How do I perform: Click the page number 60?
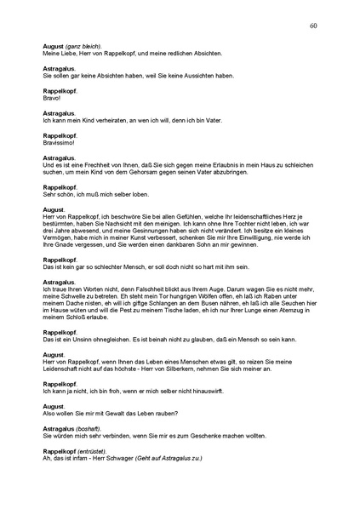point(313,26)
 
